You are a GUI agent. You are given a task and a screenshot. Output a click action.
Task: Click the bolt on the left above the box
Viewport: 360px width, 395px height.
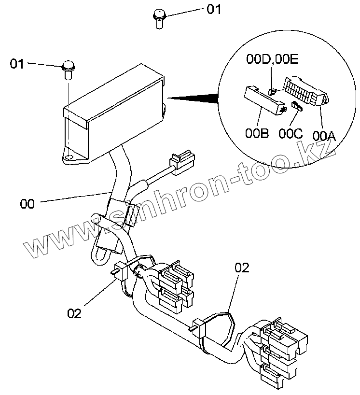click(69, 70)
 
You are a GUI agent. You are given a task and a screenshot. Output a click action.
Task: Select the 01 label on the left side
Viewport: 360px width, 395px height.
click(17, 63)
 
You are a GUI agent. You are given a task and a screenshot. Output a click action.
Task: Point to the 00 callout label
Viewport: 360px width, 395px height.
click(28, 204)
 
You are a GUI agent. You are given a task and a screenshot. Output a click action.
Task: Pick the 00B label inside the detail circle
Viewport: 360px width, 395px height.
click(257, 132)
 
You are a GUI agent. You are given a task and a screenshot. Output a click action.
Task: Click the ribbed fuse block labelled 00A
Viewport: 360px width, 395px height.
click(304, 93)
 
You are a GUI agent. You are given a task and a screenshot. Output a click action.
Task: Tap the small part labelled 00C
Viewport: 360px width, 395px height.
click(296, 106)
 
